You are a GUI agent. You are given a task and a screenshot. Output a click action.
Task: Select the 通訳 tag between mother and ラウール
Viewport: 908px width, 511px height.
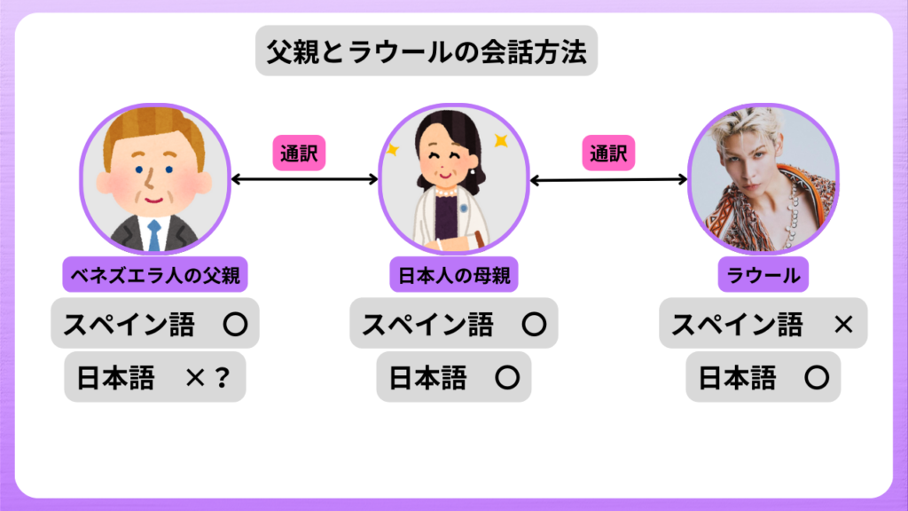point(609,153)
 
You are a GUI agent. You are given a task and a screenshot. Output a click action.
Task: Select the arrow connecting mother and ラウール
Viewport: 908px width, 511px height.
point(608,180)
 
